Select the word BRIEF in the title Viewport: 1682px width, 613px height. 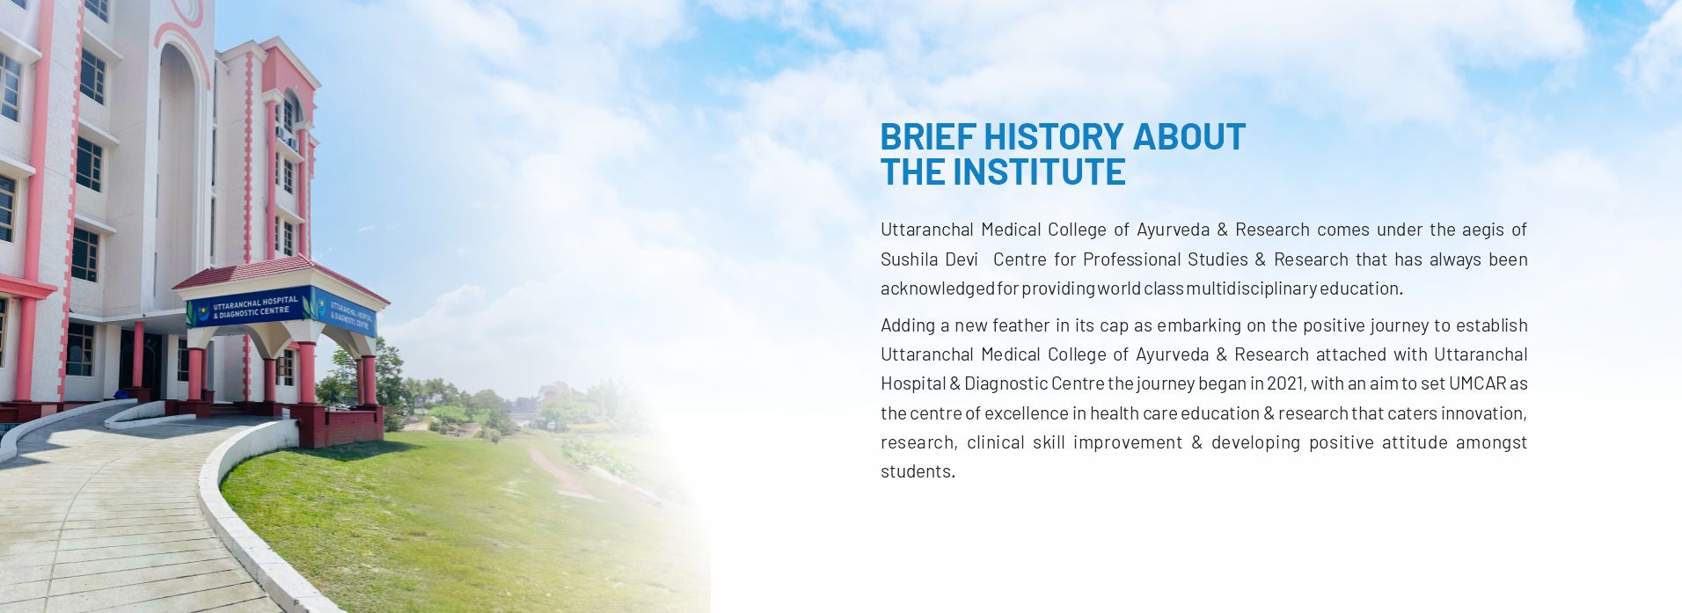[927, 136]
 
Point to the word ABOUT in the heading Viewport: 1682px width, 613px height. [1189, 136]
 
